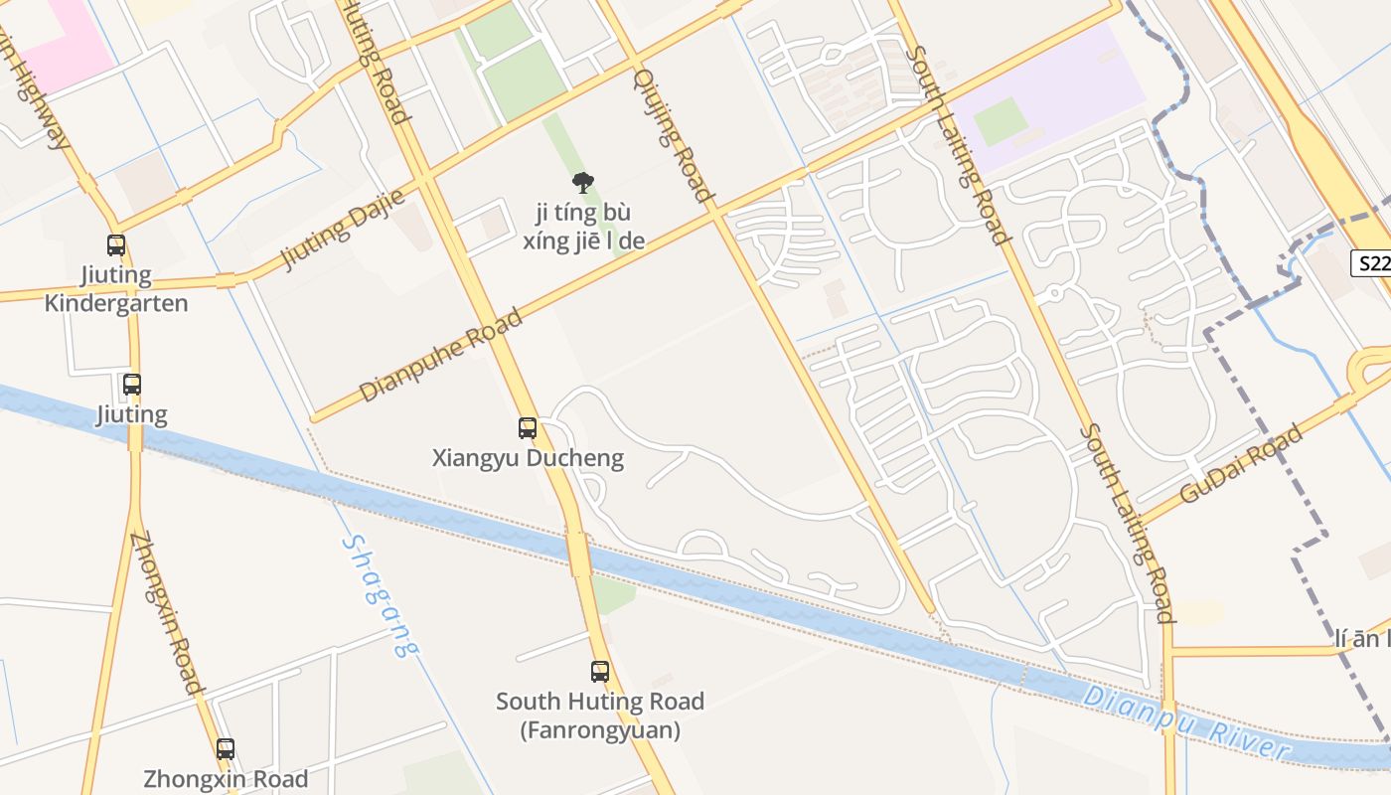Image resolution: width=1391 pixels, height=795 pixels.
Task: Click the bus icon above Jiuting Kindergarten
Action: click(x=116, y=244)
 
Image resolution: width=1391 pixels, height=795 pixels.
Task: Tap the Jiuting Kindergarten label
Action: click(x=116, y=289)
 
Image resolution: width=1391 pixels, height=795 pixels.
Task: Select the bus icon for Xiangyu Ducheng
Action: click(x=528, y=428)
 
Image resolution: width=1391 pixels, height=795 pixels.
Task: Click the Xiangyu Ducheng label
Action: click(x=528, y=458)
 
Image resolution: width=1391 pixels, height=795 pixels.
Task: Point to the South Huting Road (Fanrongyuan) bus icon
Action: click(x=600, y=671)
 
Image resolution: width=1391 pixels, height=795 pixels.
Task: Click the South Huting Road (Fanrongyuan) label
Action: click(x=600, y=715)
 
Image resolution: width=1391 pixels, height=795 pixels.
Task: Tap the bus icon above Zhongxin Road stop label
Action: click(x=226, y=749)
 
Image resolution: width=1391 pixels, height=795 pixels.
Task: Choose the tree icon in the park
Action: click(x=583, y=182)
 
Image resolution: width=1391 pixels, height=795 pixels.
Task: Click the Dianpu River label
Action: click(x=1186, y=722)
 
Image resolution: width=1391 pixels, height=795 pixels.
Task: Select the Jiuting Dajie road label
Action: click(x=343, y=230)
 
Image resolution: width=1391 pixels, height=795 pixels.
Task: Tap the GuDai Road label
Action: click(x=1241, y=464)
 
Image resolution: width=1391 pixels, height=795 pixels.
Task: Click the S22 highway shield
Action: click(x=1372, y=263)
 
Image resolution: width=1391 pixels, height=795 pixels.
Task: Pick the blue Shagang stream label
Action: click(x=381, y=595)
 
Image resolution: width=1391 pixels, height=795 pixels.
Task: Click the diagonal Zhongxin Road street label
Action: click(x=167, y=612)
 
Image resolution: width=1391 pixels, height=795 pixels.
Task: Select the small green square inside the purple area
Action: click(x=1000, y=121)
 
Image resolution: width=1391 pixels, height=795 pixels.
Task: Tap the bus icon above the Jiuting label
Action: click(x=131, y=384)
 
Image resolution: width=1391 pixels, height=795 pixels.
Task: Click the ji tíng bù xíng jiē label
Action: click(x=583, y=227)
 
